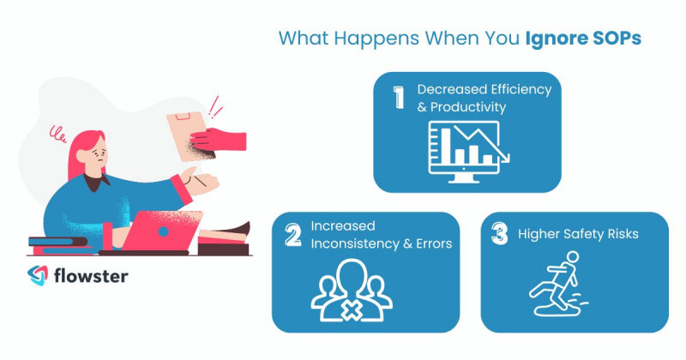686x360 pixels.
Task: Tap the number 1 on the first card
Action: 399,97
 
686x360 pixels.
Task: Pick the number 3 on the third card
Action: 499,235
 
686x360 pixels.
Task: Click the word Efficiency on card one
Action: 511,88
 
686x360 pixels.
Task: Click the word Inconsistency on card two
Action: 353,244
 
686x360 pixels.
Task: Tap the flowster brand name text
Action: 89,277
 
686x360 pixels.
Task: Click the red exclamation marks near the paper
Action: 215,109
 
